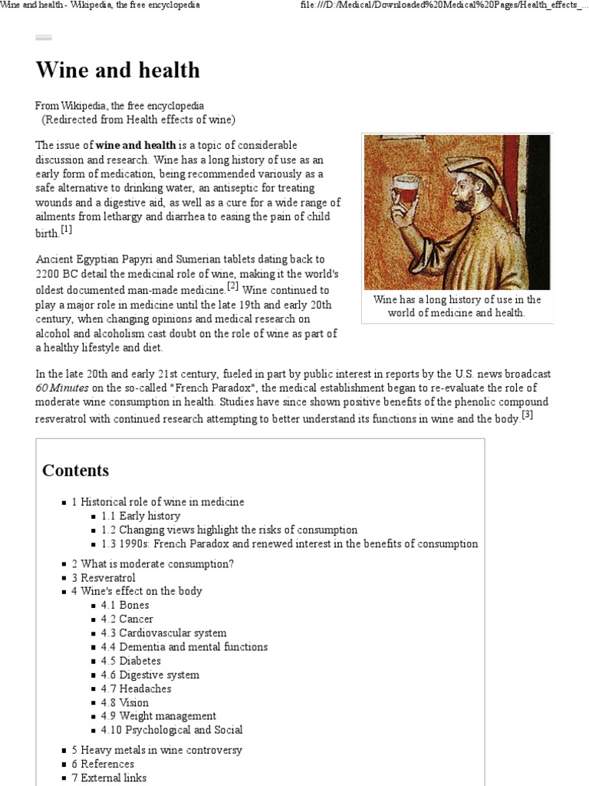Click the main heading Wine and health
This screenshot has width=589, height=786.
[117, 71]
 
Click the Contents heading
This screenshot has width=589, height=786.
[75, 471]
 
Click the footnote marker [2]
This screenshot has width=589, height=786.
[232, 287]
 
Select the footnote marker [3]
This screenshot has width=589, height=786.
[527, 415]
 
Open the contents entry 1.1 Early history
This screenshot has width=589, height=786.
[140, 516]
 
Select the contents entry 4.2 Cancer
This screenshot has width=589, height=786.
[127, 619]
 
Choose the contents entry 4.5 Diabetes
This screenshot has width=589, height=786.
[130, 661]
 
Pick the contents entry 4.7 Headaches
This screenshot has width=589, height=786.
[136, 689]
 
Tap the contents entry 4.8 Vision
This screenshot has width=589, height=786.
[124, 702]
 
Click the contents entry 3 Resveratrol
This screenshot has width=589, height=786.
[104, 577]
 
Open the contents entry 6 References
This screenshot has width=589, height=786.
[103, 764]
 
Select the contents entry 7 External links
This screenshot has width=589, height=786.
[109, 778]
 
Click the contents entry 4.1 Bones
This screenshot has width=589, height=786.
[125, 605]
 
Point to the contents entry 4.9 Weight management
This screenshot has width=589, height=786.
[158, 716]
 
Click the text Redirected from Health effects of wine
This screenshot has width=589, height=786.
[138, 120]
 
